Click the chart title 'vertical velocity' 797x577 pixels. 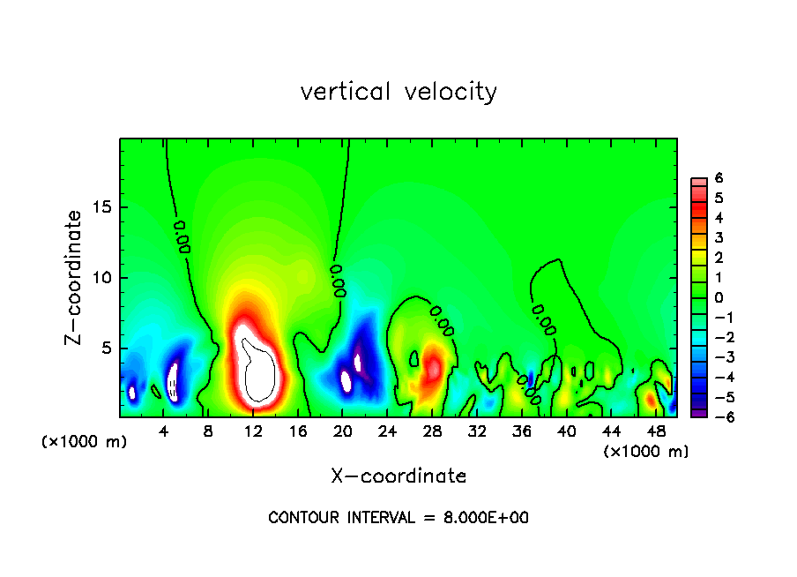click(398, 92)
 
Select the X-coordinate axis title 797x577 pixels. click(398, 476)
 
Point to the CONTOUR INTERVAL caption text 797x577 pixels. click(398, 518)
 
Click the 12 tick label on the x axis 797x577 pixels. click(254, 431)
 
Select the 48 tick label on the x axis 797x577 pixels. click(655, 431)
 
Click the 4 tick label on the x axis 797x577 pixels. click(164, 431)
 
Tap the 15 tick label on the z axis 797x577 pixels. click(101, 207)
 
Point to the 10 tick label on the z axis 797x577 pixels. click(101, 278)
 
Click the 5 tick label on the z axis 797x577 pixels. click(106, 348)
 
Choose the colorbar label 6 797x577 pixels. click(719, 178)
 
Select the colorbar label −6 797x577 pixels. click(716, 416)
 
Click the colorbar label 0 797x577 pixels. click(719, 297)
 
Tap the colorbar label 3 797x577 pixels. click(719, 237)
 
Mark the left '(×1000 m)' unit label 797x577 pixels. click(85, 442)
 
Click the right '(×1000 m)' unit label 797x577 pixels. click(646, 452)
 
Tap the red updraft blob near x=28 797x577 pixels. click(433, 366)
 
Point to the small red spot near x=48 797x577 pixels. click(651, 400)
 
